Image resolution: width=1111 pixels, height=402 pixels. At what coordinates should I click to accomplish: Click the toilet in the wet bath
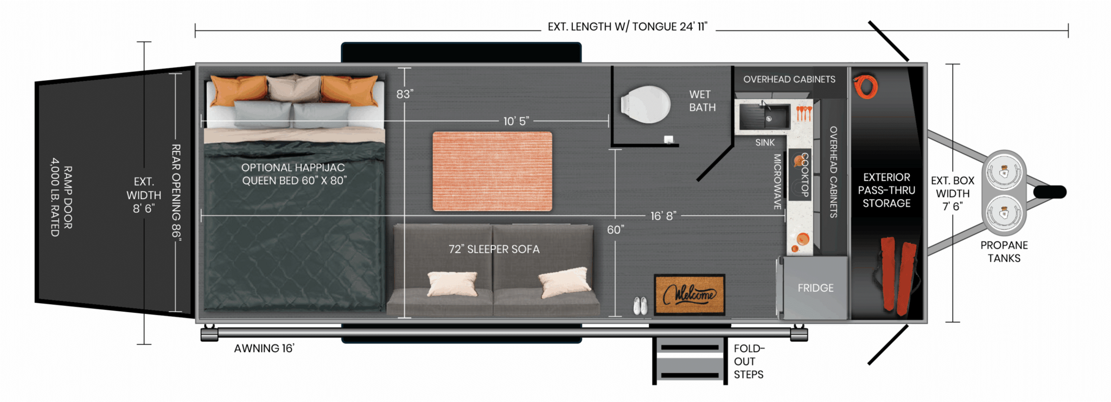(646, 104)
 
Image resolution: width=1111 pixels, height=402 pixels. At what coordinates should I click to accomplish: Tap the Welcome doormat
(689, 295)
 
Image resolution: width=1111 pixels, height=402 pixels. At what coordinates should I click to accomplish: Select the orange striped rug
(492, 171)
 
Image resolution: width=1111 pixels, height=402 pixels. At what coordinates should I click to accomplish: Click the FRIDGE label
(815, 288)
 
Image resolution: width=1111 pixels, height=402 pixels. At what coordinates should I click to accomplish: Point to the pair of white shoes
(640, 305)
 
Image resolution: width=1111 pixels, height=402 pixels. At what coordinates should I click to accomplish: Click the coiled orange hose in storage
(866, 87)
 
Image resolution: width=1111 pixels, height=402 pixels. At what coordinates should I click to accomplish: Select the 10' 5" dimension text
(516, 121)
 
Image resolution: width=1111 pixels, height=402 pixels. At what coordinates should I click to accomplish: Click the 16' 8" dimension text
(663, 216)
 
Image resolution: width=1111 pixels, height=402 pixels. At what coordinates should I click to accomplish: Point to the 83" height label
(405, 94)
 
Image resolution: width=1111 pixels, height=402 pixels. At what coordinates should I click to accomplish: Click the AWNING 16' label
(264, 349)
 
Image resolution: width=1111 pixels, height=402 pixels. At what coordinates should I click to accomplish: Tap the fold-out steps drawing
(689, 361)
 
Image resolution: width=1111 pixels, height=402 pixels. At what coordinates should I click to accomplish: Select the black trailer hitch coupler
(1050, 192)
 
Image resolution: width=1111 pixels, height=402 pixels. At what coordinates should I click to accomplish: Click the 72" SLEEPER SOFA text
(494, 249)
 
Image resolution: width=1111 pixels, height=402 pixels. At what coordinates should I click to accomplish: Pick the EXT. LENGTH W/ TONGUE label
(627, 27)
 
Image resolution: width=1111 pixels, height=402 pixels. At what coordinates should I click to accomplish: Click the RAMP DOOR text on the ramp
(67, 197)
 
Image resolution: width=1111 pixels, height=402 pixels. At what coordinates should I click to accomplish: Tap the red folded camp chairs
(898, 275)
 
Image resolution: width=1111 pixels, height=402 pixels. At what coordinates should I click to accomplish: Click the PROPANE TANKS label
(1004, 252)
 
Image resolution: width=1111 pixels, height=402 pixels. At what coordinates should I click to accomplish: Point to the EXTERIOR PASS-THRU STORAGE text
(886, 190)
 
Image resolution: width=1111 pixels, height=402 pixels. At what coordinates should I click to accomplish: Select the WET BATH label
(702, 101)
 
